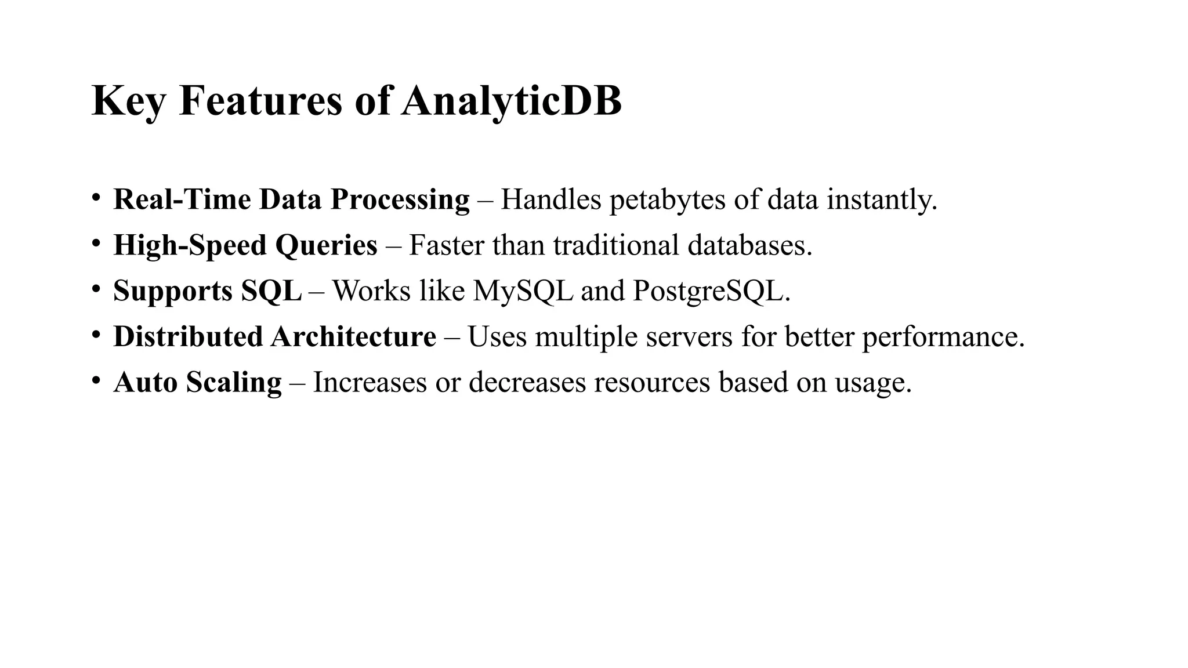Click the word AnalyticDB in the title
coord(511,101)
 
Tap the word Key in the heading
coord(128,101)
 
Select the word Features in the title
coord(260,101)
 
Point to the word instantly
coord(881,199)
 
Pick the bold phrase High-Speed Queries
coord(245,245)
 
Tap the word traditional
coord(616,245)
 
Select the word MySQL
coord(523,291)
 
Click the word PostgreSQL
coord(711,291)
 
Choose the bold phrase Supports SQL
coord(208,291)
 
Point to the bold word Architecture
coord(353,336)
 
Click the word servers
coord(689,336)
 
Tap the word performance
coord(943,336)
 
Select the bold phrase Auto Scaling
coord(198,382)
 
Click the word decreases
coord(527,382)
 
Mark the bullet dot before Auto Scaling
coord(96,379)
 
